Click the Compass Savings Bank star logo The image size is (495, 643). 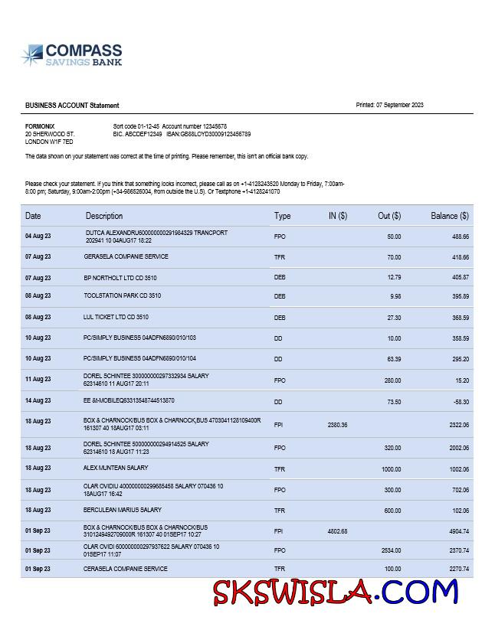[x=33, y=55]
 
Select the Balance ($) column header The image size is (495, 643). [x=449, y=216]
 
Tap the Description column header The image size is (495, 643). [x=104, y=216]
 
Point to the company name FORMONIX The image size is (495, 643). [x=40, y=126]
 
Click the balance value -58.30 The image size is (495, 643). [x=460, y=401]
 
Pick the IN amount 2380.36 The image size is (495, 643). [x=337, y=425]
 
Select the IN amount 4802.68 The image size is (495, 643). [x=337, y=530]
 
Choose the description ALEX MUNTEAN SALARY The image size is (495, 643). [x=116, y=468]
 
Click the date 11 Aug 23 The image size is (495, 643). [x=38, y=379]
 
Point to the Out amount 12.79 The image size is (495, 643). [x=394, y=277]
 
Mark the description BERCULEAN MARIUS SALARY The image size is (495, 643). [x=123, y=510]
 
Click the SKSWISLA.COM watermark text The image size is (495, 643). [x=335, y=592]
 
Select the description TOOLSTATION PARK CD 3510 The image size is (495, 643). [x=123, y=295]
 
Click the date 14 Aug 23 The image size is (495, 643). [x=38, y=401]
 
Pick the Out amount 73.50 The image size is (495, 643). [x=393, y=401]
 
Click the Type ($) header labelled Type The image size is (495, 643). [x=282, y=216]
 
